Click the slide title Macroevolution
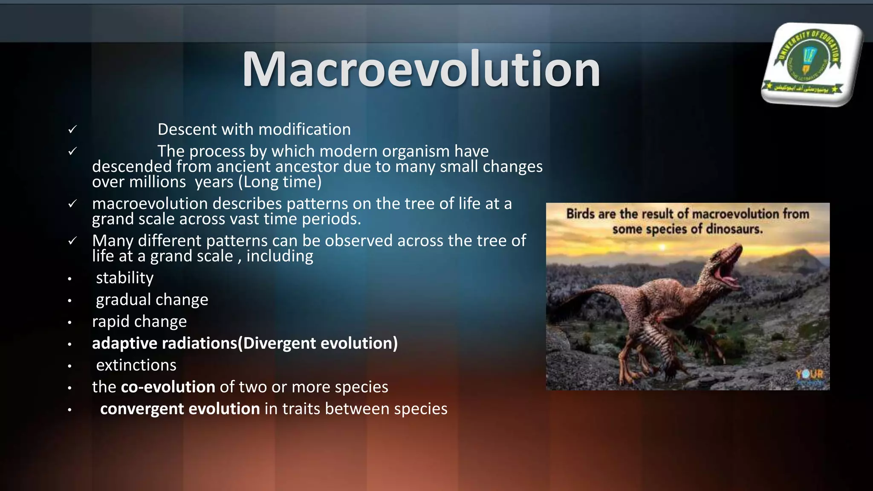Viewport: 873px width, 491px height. click(x=421, y=69)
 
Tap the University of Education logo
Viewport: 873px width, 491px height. click(x=811, y=64)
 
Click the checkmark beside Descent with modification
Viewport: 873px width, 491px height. click(x=72, y=129)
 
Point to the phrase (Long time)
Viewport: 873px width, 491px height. click(x=280, y=182)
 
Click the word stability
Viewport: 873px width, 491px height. click(x=124, y=278)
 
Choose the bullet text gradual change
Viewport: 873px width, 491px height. click(x=152, y=300)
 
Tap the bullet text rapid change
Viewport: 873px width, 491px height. click(x=139, y=321)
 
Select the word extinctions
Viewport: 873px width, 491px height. click(x=136, y=365)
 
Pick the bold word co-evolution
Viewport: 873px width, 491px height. click(x=168, y=387)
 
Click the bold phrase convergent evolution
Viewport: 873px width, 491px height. click(x=180, y=409)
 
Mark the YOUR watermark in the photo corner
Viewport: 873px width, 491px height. click(x=809, y=375)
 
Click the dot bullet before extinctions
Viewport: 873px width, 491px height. click(x=69, y=366)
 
